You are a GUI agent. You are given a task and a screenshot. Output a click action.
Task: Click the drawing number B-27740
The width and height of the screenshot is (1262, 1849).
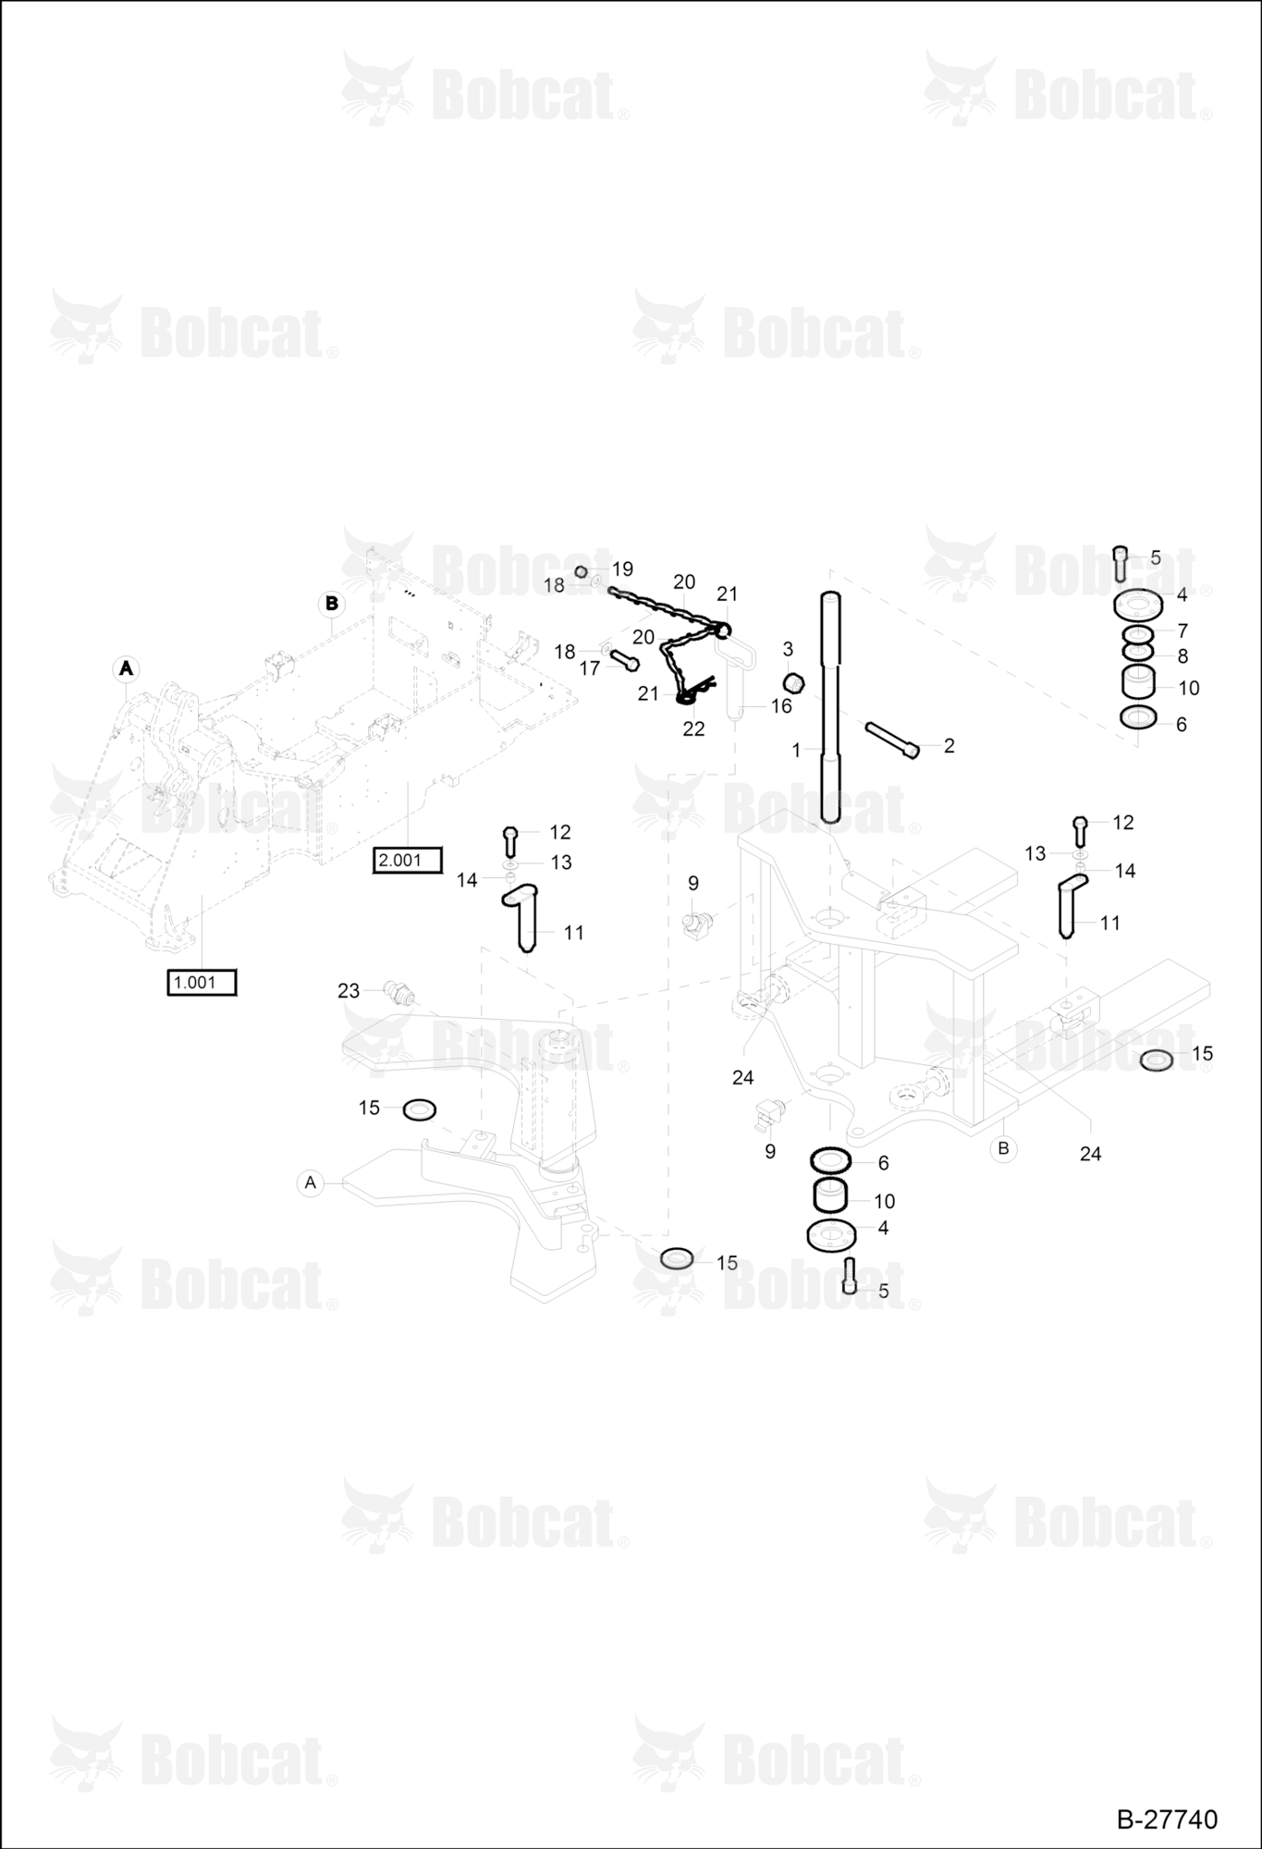pos(1167,1819)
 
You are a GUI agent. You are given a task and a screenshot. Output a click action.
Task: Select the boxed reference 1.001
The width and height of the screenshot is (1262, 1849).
pos(202,983)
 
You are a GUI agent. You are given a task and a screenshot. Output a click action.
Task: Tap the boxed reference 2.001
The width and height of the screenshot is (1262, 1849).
pos(407,861)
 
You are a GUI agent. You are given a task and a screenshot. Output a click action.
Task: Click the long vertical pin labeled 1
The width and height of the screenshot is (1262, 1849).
pos(830,707)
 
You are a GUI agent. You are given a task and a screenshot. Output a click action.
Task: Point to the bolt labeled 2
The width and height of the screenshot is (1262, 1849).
pos(892,741)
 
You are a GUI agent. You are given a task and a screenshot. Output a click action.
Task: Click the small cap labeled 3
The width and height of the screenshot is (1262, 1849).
pos(792,683)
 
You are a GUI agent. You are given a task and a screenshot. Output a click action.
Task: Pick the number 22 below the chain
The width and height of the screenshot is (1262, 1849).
pos(693,729)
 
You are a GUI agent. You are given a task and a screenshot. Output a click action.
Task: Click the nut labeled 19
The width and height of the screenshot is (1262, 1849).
pos(582,571)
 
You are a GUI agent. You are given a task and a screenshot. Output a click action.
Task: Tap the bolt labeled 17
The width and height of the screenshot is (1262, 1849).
pos(624,660)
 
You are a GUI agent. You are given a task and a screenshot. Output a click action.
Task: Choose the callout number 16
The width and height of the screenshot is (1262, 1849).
pos(781,706)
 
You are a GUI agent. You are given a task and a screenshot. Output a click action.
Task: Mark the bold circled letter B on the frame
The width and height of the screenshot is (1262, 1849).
pos(331,605)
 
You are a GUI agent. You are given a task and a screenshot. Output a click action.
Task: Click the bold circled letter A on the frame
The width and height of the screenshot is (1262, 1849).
pos(126,667)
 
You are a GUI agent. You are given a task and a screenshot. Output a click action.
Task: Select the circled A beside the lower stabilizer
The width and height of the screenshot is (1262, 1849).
pos(311,1182)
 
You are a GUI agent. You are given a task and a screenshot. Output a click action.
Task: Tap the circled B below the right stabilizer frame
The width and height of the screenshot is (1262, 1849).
pos(1003,1149)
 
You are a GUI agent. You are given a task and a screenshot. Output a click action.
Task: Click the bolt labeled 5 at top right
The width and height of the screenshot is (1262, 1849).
pos(1121,563)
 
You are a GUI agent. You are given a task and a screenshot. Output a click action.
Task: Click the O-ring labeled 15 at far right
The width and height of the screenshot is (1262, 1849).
pos(1157,1060)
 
